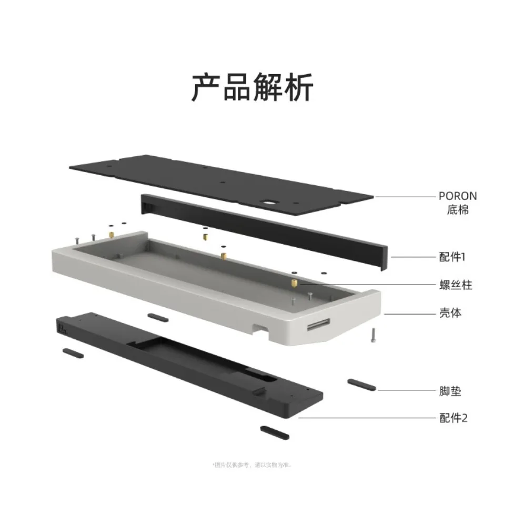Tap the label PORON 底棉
tap(458, 203)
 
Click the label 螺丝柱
tap(456, 285)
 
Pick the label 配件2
tap(453, 418)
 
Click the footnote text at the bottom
tap(252, 464)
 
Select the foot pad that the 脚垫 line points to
tap(362, 385)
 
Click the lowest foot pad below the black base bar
tap(274, 432)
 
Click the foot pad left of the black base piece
tap(73, 352)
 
